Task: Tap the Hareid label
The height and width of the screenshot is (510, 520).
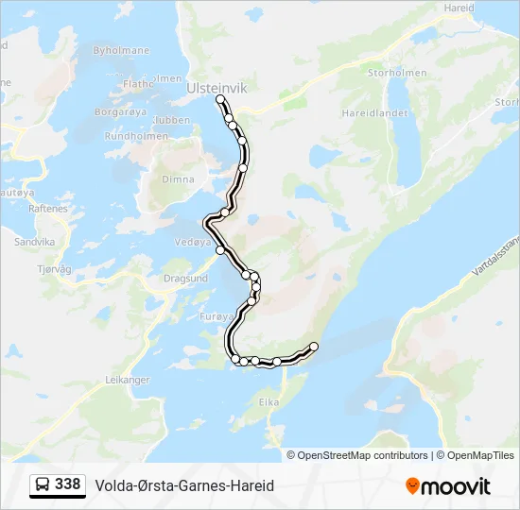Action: point(459,7)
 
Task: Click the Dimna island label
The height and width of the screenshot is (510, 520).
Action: point(178,179)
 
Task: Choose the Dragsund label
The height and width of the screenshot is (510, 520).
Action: point(185,279)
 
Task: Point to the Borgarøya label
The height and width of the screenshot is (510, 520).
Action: point(120,112)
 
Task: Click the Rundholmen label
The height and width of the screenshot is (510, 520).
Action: point(130,136)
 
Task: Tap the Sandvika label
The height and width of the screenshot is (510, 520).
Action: point(35,242)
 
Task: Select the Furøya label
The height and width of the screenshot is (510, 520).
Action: point(216,317)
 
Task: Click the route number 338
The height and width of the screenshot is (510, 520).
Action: point(67,484)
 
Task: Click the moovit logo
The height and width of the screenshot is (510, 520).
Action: point(448,486)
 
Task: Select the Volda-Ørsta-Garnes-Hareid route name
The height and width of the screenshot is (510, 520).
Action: point(184,485)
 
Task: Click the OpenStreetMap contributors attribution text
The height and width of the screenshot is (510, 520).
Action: point(362,455)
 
